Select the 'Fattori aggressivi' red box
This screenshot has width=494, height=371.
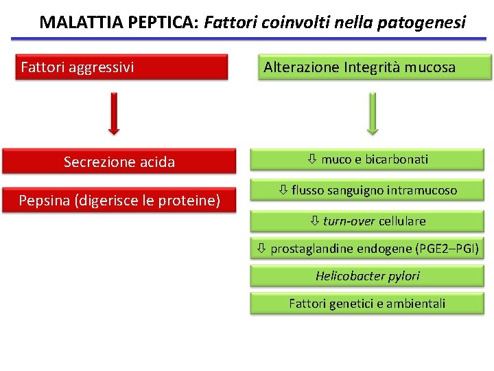coord(121,67)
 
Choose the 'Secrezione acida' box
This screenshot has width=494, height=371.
coord(119,162)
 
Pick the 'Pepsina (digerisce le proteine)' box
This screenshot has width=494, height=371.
coord(119,201)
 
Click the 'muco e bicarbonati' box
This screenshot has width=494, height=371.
coord(367,159)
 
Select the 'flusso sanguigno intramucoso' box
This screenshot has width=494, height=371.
coord(367,190)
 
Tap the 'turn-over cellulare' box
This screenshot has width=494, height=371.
coord(367,221)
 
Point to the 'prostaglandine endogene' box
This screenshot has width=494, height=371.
coord(367,248)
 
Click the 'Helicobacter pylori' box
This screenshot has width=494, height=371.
coord(367,276)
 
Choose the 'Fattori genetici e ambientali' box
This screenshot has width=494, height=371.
coord(367,303)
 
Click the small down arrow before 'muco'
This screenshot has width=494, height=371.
coord(311,159)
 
